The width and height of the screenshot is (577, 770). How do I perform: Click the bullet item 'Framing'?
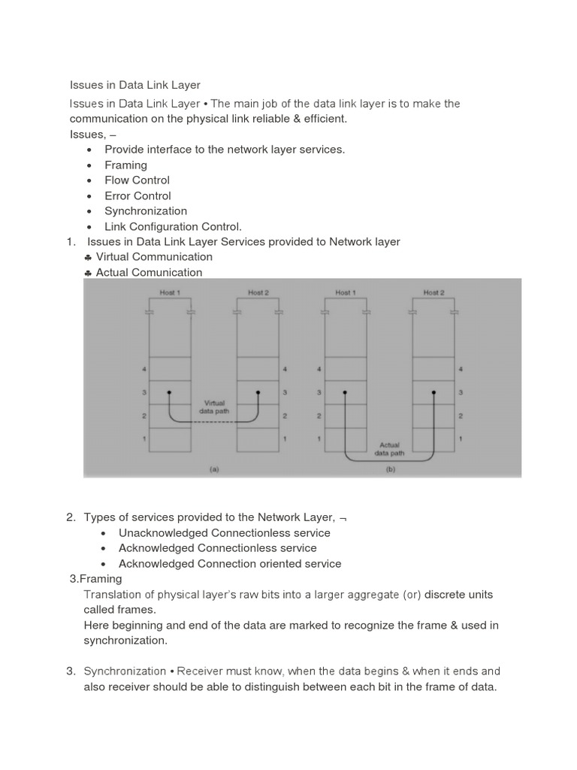point(125,165)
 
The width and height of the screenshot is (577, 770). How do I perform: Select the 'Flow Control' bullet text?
point(137,180)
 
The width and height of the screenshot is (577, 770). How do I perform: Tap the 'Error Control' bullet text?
point(137,196)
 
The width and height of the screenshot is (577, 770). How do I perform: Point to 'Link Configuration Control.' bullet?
point(173,226)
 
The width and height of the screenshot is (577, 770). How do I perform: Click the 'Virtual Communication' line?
point(154,256)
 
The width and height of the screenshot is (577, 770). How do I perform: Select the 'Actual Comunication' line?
point(149,272)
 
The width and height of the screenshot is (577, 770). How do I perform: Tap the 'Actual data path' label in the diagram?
point(389,449)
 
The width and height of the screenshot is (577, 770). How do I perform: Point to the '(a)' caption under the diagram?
point(214,469)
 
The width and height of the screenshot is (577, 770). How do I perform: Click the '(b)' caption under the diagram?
point(389,469)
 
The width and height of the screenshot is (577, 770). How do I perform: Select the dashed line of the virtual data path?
point(214,421)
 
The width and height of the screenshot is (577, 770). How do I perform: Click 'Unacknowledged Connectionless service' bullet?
point(224,532)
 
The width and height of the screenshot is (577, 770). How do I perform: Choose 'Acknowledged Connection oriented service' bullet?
point(230,563)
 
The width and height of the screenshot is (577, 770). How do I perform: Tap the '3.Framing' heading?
point(95,579)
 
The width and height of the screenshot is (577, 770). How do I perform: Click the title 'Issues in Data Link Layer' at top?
point(135,85)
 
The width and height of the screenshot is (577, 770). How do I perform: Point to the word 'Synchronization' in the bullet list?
point(146,211)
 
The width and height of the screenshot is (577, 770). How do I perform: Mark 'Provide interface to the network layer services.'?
point(225,149)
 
